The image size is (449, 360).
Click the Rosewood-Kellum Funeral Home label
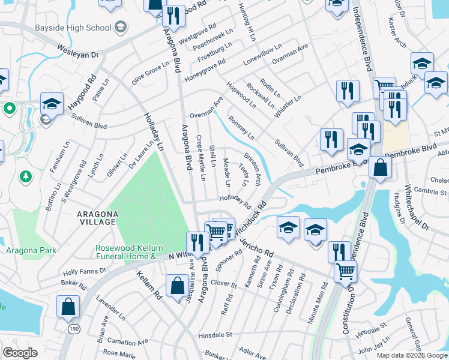pos(128,253)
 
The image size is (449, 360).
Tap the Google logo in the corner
pos(20,353)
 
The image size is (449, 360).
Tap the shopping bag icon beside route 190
pos(68,306)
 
